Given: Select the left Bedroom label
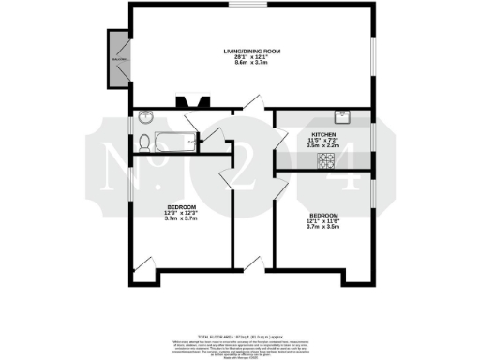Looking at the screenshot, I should click(182, 206).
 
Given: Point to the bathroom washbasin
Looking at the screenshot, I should click(146, 118).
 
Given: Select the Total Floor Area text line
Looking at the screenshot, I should click(239, 335).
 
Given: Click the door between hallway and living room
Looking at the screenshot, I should click(247, 104).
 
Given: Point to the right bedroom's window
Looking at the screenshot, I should click(372, 196).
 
